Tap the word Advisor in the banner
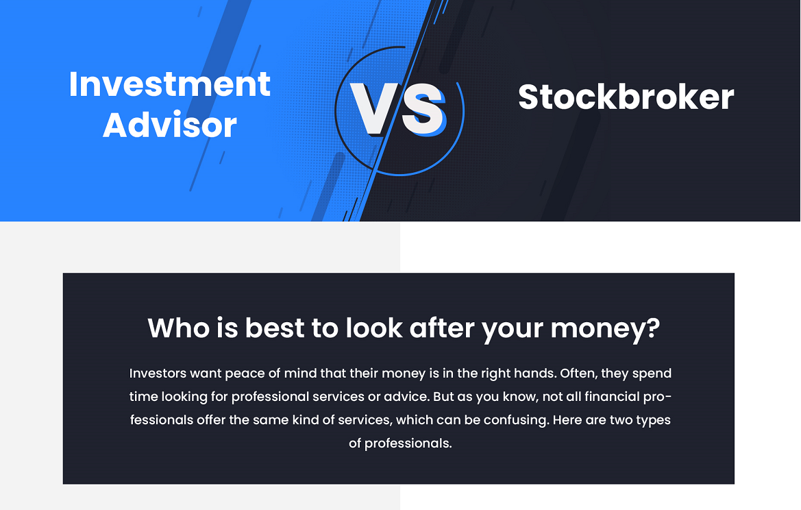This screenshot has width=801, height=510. coord(170,125)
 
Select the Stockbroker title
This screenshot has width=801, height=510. coord(626,97)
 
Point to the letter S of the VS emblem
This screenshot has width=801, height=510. coord(423,110)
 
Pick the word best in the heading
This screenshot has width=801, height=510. coord(275,328)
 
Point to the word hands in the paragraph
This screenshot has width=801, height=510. coord(535,373)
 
